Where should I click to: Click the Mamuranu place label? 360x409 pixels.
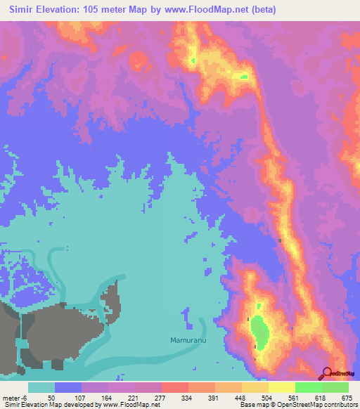(x=188, y=340)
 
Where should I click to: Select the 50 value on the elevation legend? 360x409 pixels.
(x=52, y=397)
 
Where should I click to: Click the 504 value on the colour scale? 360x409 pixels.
(x=271, y=397)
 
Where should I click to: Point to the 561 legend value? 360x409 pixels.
(x=298, y=397)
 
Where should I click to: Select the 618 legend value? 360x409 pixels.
(x=325, y=397)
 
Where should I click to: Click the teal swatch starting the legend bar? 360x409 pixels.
(x=41, y=387)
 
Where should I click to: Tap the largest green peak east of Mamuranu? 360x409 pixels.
(x=259, y=332)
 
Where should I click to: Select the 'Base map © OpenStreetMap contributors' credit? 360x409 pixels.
(x=298, y=405)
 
